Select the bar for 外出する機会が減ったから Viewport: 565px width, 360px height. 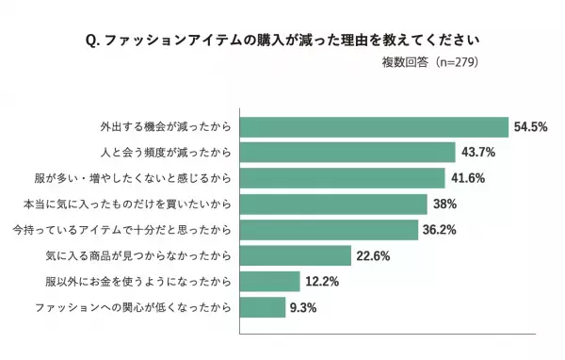(375, 126)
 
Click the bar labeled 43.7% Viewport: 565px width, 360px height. (349, 152)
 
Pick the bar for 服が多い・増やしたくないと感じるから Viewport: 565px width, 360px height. (344, 178)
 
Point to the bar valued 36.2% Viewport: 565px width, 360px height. (331, 230)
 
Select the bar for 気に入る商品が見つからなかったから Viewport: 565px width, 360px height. (296, 255)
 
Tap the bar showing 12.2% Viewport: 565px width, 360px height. (271, 281)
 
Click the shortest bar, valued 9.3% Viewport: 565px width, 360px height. (264, 307)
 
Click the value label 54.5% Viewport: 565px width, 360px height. (531, 126)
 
